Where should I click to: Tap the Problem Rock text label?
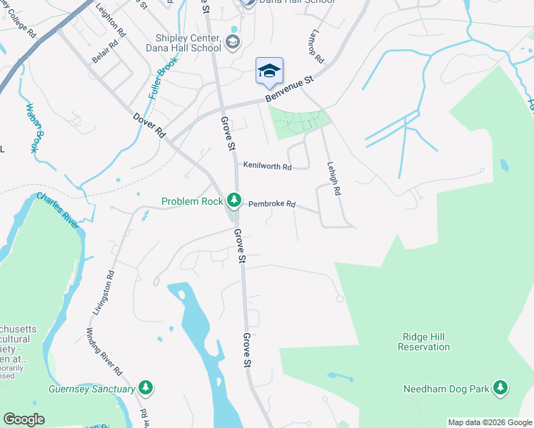192,202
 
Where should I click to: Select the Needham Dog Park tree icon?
500,388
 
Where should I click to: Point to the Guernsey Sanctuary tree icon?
146,389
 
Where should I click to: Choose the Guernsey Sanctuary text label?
91,389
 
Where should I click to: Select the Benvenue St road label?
290,89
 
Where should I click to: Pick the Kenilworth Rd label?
267,167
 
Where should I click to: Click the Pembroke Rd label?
272,204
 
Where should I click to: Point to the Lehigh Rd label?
333,177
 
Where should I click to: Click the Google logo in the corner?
24,419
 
